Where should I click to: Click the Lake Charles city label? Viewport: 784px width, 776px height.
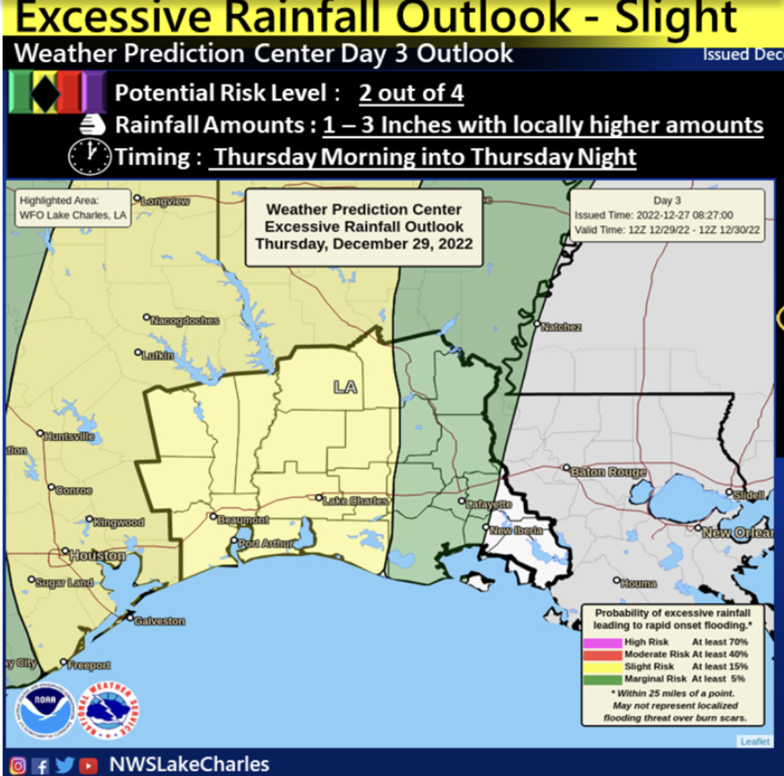(355, 501)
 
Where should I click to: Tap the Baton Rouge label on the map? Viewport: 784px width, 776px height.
(608, 472)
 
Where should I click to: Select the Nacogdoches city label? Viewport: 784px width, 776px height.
(184, 320)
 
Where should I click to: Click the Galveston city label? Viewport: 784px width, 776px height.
(159, 621)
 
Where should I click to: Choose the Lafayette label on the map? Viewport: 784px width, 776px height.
(488, 503)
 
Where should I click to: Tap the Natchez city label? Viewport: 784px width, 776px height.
(561, 327)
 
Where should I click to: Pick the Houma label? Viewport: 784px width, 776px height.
(638, 583)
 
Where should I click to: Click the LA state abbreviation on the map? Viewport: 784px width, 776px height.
(345, 387)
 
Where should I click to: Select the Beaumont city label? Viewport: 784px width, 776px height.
(243, 519)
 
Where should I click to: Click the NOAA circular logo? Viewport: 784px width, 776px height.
(45, 711)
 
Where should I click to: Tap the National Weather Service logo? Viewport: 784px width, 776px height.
(109, 710)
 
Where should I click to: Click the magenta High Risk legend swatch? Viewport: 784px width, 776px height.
(602, 642)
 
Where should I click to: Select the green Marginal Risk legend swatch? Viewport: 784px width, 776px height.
(602, 679)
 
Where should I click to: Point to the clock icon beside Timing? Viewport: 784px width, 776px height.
(89, 156)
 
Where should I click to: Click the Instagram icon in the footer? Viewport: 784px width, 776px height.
(18, 765)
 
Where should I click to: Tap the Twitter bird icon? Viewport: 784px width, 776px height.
(65, 765)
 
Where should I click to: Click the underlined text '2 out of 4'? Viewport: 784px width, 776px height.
(411, 93)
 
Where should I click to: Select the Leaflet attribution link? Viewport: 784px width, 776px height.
(755, 741)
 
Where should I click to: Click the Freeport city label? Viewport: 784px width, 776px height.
(88, 665)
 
